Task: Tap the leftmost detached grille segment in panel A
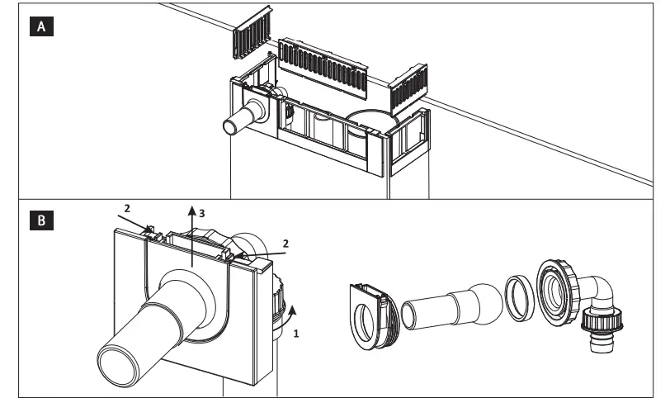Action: (252, 39)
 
